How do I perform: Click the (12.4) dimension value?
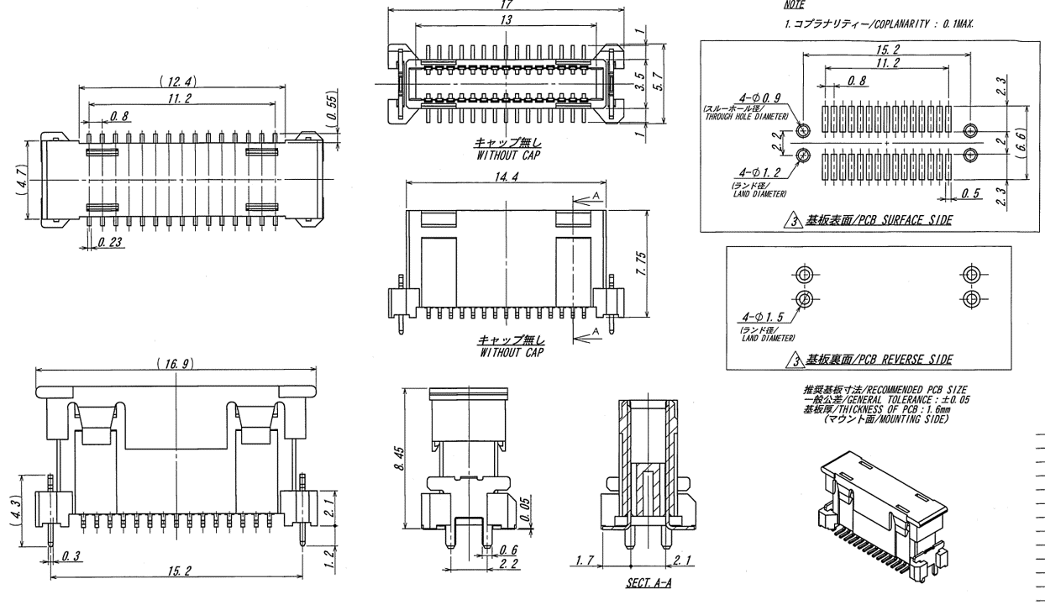176,81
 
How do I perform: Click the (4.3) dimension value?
14,512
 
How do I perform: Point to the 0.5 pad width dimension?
972,194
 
